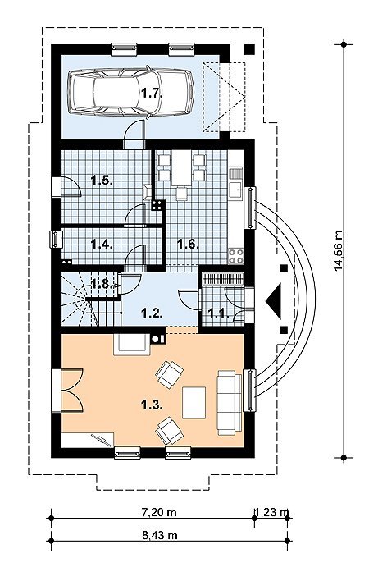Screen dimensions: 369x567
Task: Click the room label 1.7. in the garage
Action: click(151, 94)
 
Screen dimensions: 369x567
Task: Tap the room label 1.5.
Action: click(102, 180)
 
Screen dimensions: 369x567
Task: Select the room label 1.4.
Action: click(102, 244)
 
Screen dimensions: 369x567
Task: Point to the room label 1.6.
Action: click(189, 244)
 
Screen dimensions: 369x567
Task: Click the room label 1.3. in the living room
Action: click(152, 405)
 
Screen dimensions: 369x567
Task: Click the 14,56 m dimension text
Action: click(339, 250)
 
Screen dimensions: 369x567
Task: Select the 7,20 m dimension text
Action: click(158, 512)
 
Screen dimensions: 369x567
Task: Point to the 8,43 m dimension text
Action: click(158, 535)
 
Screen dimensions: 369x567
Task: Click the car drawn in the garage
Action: click(131, 92)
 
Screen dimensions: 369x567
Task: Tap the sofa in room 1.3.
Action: click(229, 402)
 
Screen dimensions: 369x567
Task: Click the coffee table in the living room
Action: click(194, 402)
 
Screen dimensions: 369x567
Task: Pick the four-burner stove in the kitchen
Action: click(235, 256)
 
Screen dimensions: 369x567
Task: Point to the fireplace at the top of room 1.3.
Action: click(131, 345)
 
